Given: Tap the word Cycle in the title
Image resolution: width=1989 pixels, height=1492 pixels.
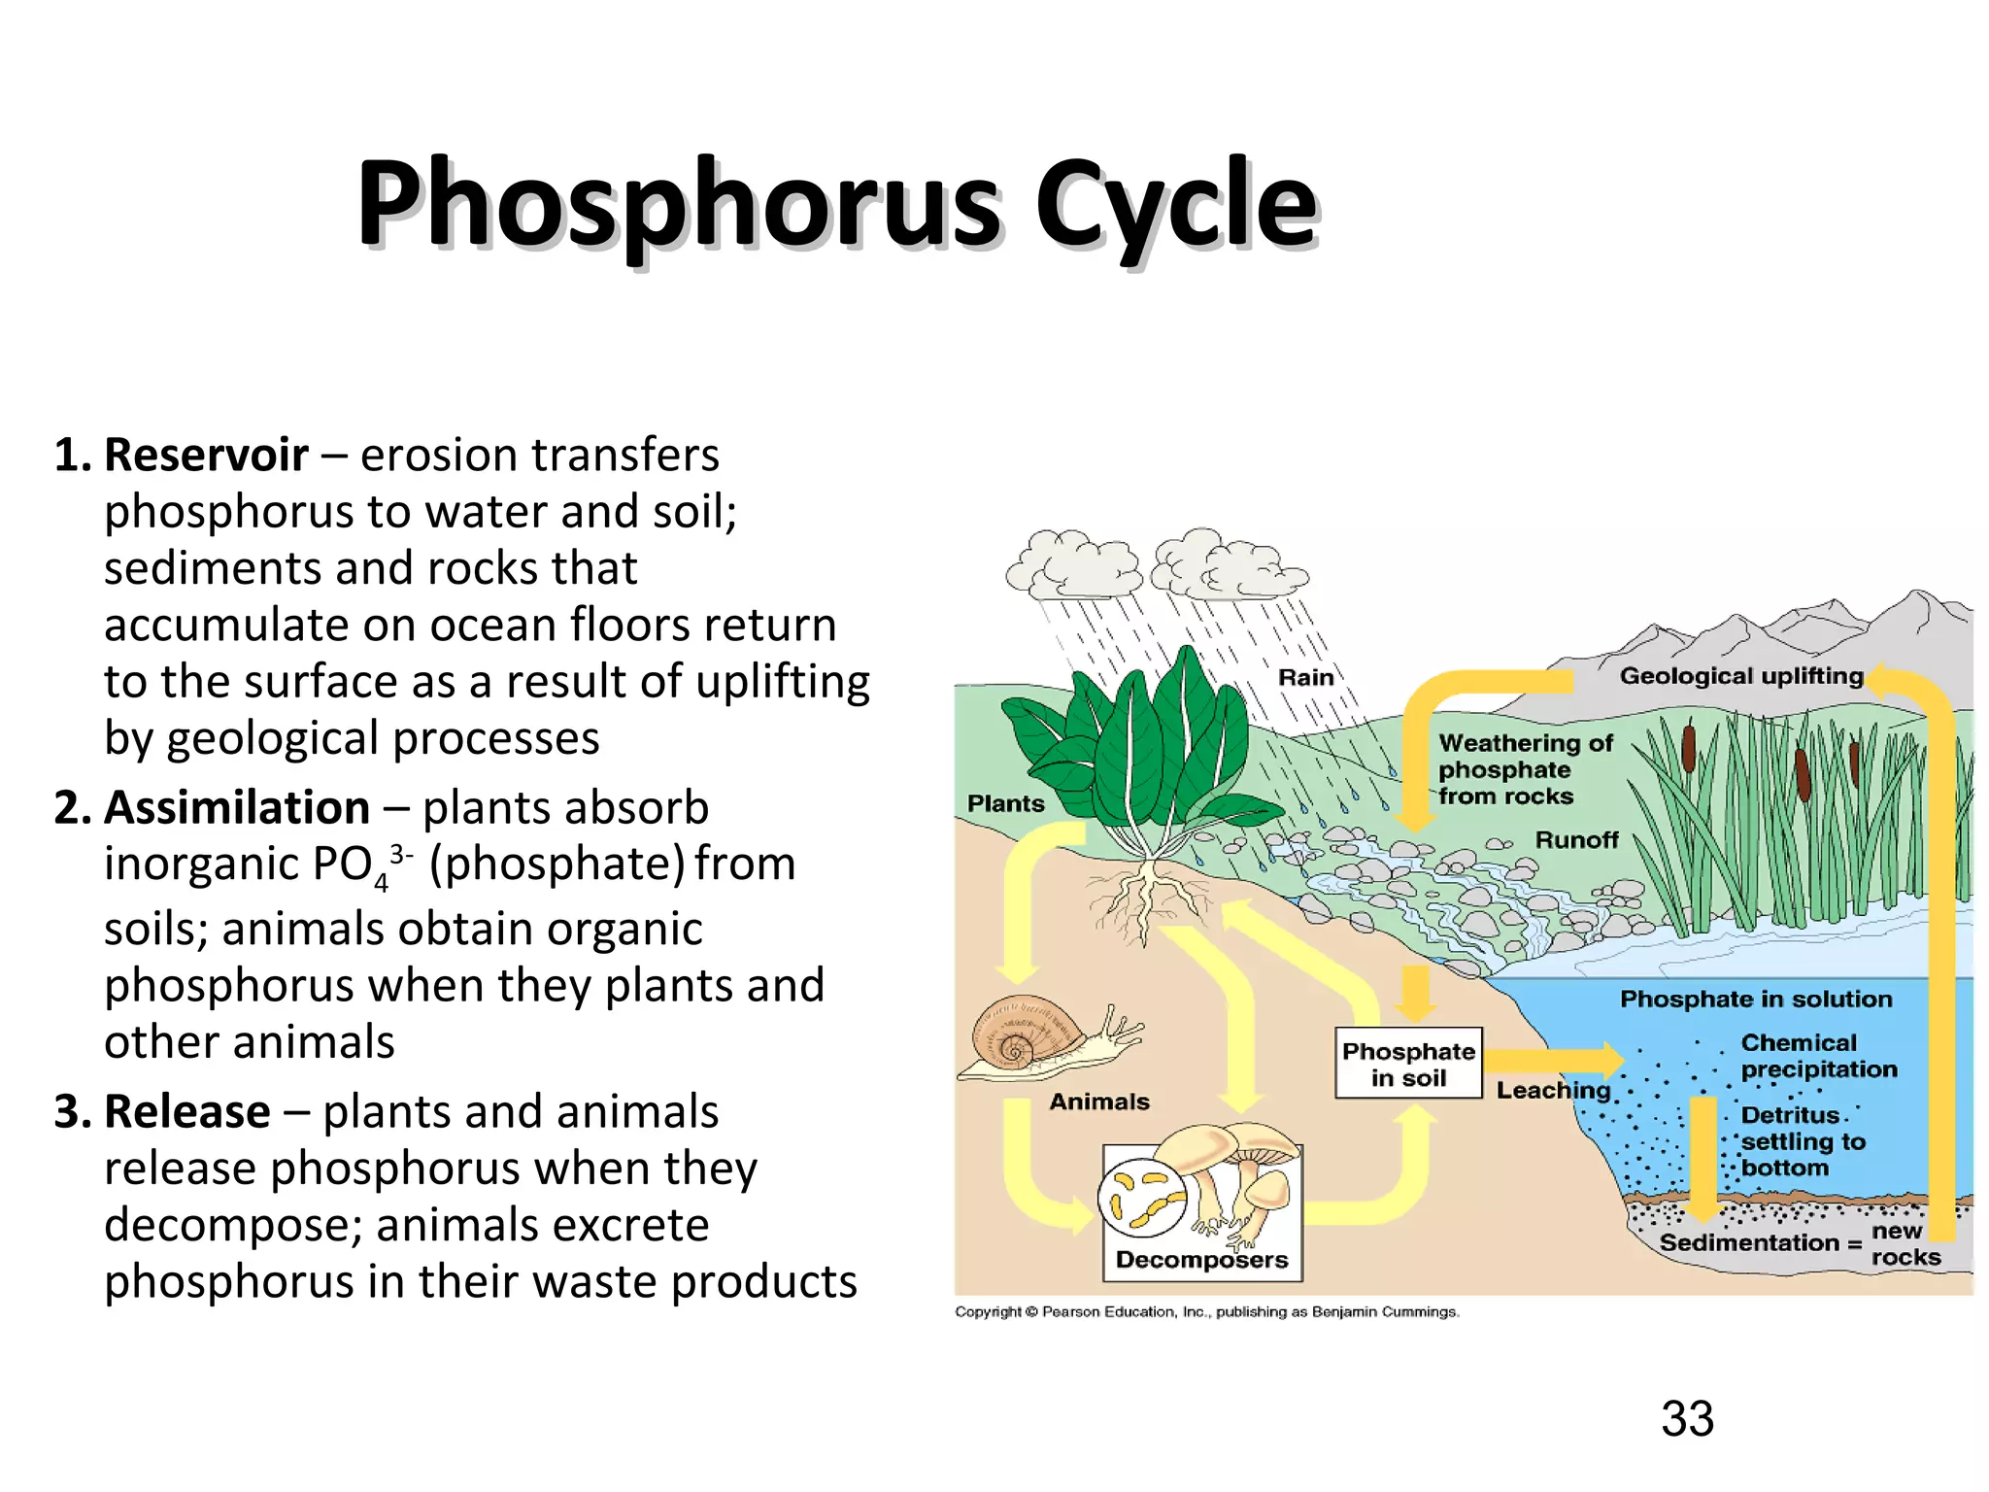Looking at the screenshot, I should click(x=1176, y=206).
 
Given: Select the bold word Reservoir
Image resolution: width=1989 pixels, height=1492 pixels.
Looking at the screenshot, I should click(x=206, y=456).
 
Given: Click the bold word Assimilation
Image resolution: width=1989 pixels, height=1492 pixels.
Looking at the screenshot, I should click(x=237, y=808).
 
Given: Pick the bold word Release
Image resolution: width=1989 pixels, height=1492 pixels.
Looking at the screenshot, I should click(x=187, y=1112).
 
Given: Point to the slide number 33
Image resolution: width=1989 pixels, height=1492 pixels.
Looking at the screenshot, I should click(x=1687, y=1419).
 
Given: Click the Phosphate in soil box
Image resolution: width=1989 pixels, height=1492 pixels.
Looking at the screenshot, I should click(x=1408, y=1064).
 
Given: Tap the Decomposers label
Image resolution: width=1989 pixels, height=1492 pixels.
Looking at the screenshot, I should click(x=1201, y=1260).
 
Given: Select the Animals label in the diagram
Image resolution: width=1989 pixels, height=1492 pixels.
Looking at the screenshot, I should click(x=1098, y=1102).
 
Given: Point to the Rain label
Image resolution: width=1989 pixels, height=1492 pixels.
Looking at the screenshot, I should click(x=1305, y=677).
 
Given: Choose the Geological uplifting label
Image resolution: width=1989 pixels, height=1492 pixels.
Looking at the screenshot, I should click(x=1740, y=676).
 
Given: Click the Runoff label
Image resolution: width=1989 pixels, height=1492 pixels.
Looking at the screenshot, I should click(x=1576, y=839).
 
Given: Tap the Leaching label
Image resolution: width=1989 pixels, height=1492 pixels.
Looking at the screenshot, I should click(x=1552, y=1090).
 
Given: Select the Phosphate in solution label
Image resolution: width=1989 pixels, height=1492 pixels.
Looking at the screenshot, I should click(x=1756, y=999).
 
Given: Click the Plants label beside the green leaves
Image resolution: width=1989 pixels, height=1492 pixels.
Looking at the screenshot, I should click(x=1005, y=803).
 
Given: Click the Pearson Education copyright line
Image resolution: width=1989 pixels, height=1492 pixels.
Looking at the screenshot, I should click(x=1206, y=1312).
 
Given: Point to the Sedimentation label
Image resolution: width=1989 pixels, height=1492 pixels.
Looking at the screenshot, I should click(x=1749, y=1242).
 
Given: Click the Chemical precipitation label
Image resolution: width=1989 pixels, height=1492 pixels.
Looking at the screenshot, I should click(x=1818, y=1056).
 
